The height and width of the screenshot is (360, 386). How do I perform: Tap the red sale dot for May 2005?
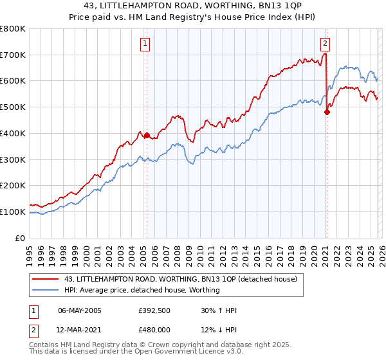(x=147, y=135)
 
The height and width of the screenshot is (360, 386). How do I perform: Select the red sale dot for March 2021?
(x=327, y=112)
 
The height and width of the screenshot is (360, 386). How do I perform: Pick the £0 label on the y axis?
(x=19, y=238)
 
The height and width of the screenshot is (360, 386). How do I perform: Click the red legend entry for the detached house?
(x=180, y=279)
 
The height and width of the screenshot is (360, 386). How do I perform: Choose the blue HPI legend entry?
(x=142, y=290)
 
